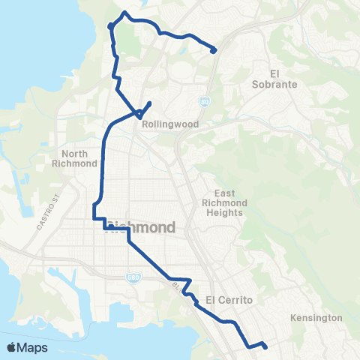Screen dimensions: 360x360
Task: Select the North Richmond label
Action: pyautogui.click(x=74, y=158)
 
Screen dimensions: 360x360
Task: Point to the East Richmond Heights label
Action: pyautogui.click(x=223, y=202)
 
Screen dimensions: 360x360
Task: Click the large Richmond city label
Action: pyautogui.click(x=142, y=227)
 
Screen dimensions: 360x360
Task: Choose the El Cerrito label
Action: pyautogui.click(x=226, y=300)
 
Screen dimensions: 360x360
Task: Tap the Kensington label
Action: pyautogui.click(x=316, y=318)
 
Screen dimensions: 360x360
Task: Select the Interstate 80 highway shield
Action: pyautogui.click(x=205, y=100)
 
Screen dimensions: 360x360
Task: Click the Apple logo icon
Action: pyautogui.click(x=11, y=346)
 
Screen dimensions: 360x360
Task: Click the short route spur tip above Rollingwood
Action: pyautogui.click(x=151, y=103)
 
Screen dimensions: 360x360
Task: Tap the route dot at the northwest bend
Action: pyautogui.click(x=111, y=26)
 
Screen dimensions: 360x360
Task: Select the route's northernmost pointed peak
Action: pyautogui.click(x=124, y=13)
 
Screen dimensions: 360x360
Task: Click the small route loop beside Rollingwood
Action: pyautogui.click(x=139, y=114)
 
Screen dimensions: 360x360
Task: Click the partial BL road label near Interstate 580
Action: pyautogui.click(x=176, y=286)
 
